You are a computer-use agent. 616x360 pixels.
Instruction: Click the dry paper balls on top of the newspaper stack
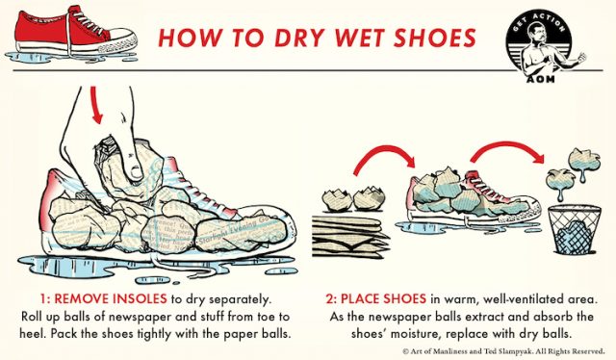click(x=352, y=200)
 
